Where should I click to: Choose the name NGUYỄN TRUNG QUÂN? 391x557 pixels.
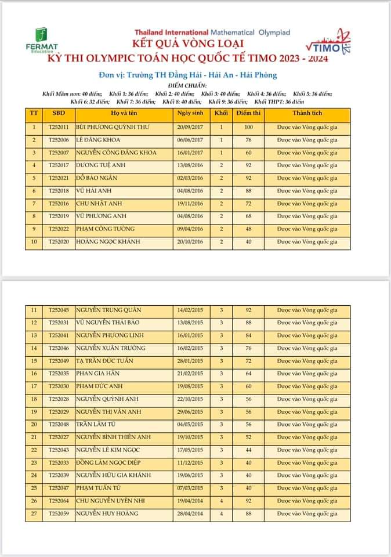(x=108, y=310)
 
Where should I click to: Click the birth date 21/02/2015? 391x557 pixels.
(x=190, y=374)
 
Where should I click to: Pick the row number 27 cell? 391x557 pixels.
(x=34, y=513)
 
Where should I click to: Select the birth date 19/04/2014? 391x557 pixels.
(x=190, y=501)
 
